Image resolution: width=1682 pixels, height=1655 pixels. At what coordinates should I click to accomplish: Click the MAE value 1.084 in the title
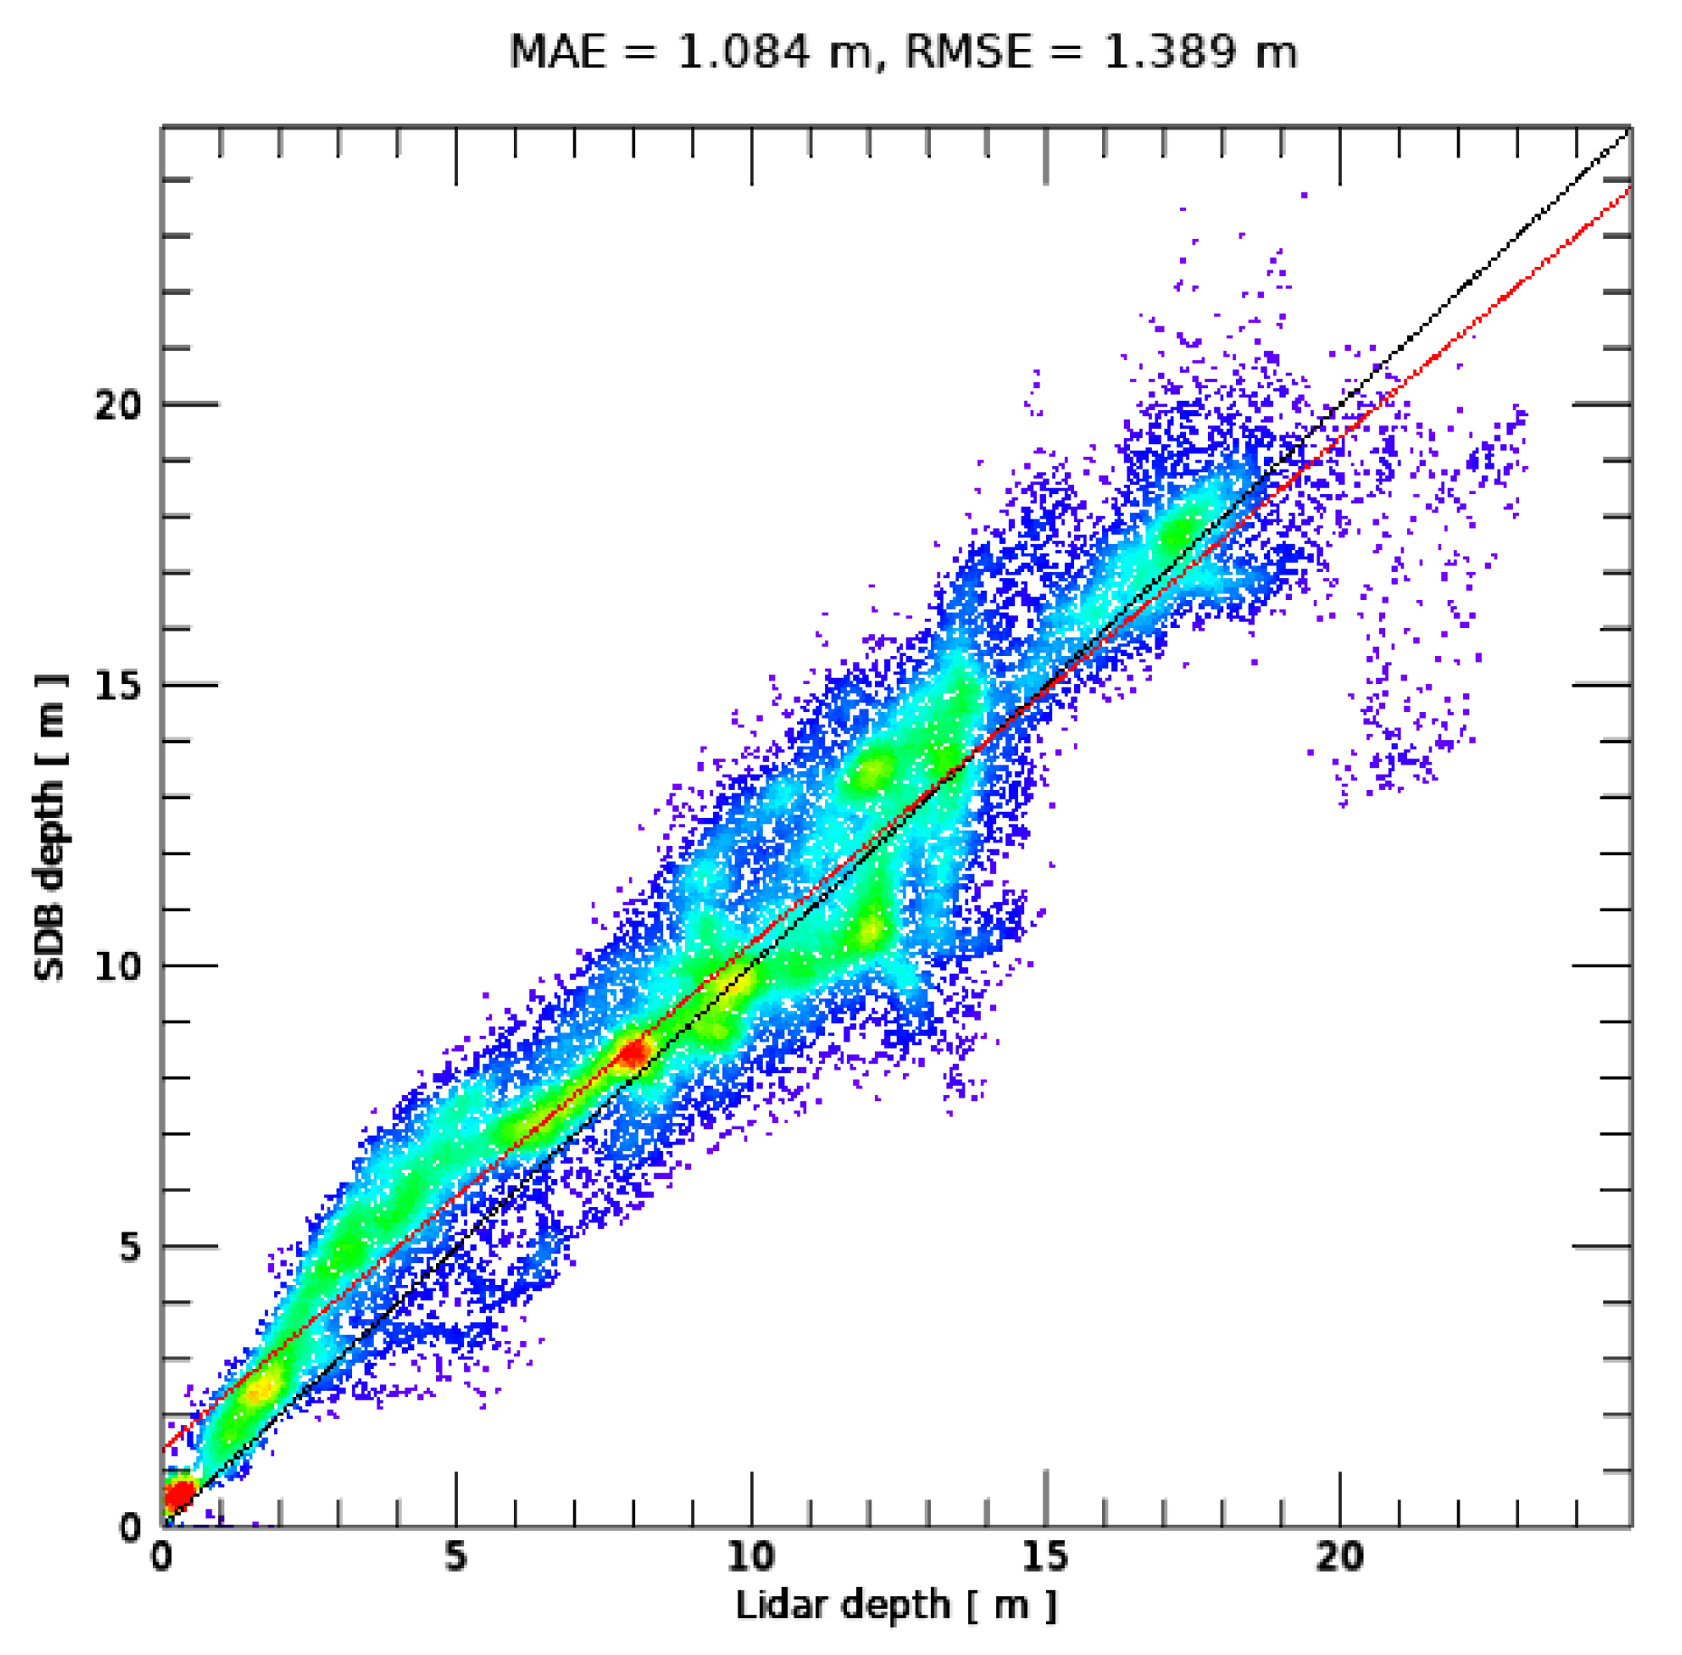coord(743,52)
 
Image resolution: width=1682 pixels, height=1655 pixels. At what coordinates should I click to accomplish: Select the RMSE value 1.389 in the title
coord(1167,52)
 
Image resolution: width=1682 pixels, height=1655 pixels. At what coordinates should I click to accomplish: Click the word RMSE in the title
coord(967,52)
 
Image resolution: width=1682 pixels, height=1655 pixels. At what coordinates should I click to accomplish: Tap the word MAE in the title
coord(556,52)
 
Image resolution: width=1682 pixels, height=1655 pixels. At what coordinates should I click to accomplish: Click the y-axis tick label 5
coord(131,1247)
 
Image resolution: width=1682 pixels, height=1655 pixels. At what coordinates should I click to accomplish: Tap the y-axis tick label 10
coord(119,966)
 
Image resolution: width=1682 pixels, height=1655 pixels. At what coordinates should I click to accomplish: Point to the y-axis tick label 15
coord(119,686)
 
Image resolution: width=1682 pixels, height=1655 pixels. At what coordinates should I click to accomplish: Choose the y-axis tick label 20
coord(119,404)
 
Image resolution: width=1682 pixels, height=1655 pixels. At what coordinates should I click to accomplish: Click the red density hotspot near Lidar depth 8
coord(633,1052)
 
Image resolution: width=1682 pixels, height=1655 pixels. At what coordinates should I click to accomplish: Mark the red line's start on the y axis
coord(165,1451)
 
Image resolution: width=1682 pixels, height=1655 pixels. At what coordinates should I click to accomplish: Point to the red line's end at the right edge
coord(1629,189)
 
